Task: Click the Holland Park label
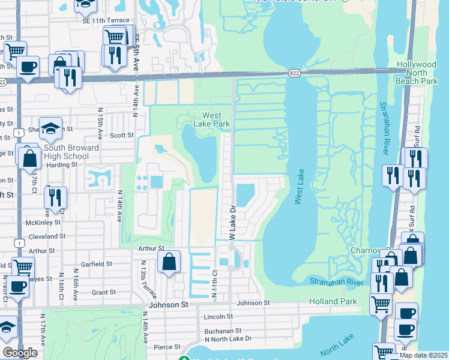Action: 333,301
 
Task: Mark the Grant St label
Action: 104,292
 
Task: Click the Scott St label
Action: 122,136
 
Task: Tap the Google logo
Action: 20,353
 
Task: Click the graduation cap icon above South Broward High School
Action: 52,128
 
